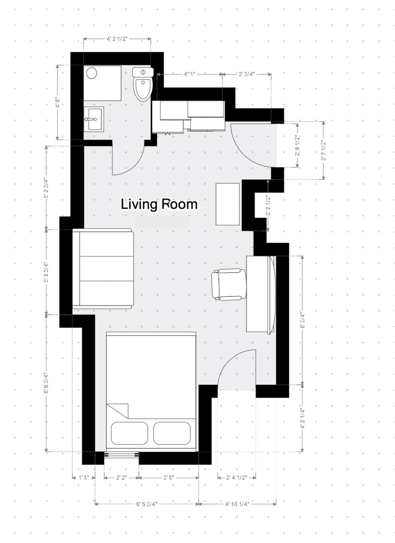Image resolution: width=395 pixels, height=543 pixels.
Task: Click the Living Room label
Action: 159,204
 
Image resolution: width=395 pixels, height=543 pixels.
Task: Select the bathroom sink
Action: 94,119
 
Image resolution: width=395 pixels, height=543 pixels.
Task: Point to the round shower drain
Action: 92,73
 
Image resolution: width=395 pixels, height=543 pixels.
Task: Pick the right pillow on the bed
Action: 172,433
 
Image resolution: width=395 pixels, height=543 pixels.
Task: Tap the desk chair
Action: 228,284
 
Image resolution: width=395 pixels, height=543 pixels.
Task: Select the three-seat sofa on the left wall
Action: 103,269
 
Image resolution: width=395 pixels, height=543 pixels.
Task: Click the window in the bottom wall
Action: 121,455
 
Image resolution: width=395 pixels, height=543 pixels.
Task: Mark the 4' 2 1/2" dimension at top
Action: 117,39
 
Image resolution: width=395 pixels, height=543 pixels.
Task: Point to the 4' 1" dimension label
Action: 190,74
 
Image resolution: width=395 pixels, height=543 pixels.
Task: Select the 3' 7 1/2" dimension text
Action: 323,150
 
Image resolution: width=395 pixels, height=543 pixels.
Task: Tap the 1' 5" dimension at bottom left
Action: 83,478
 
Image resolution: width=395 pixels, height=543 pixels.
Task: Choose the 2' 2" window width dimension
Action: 121,478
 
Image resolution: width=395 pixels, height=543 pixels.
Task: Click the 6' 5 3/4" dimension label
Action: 147,504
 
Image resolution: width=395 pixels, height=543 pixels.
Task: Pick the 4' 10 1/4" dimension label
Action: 237,504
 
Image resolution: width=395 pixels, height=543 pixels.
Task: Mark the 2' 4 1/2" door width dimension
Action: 236,478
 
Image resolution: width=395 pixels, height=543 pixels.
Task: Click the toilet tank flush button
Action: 143,72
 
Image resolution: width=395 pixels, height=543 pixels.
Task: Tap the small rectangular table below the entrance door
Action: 228,204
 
